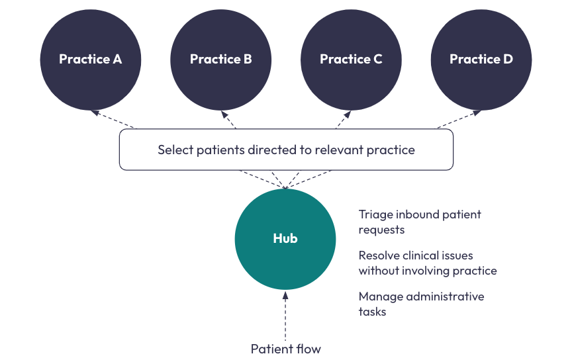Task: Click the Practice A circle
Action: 90,59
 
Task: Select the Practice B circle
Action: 220,59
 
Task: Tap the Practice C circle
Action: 351,59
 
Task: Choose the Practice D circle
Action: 481,59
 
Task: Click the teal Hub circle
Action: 285,238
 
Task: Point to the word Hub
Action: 285,238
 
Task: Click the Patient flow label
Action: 285,348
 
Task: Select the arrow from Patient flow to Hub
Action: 285,314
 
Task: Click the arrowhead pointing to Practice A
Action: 95,112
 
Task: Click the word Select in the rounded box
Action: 174,150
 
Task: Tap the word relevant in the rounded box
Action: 337,150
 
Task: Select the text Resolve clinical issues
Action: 416,255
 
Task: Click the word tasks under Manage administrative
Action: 372,311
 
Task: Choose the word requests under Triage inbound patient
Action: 381,230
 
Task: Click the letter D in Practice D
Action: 507,59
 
